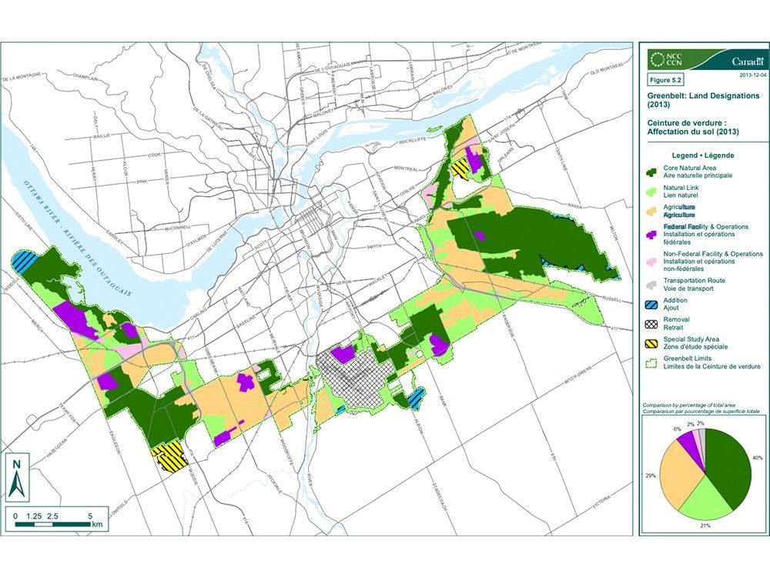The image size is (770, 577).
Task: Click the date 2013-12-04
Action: coord(752,75)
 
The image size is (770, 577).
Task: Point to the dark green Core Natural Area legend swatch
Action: coord(653,171)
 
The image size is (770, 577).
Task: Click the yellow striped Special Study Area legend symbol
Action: coord(653,342)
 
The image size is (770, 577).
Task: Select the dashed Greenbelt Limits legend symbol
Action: coord(653,363)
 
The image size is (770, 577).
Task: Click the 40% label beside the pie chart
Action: coord(757,458)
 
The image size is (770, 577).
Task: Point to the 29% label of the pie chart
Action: coord(651,475)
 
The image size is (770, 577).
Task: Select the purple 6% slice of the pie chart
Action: coord(691,449)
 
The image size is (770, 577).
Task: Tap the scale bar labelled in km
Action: coord(54,523)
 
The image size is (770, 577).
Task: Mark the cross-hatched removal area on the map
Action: coord(353,381)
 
